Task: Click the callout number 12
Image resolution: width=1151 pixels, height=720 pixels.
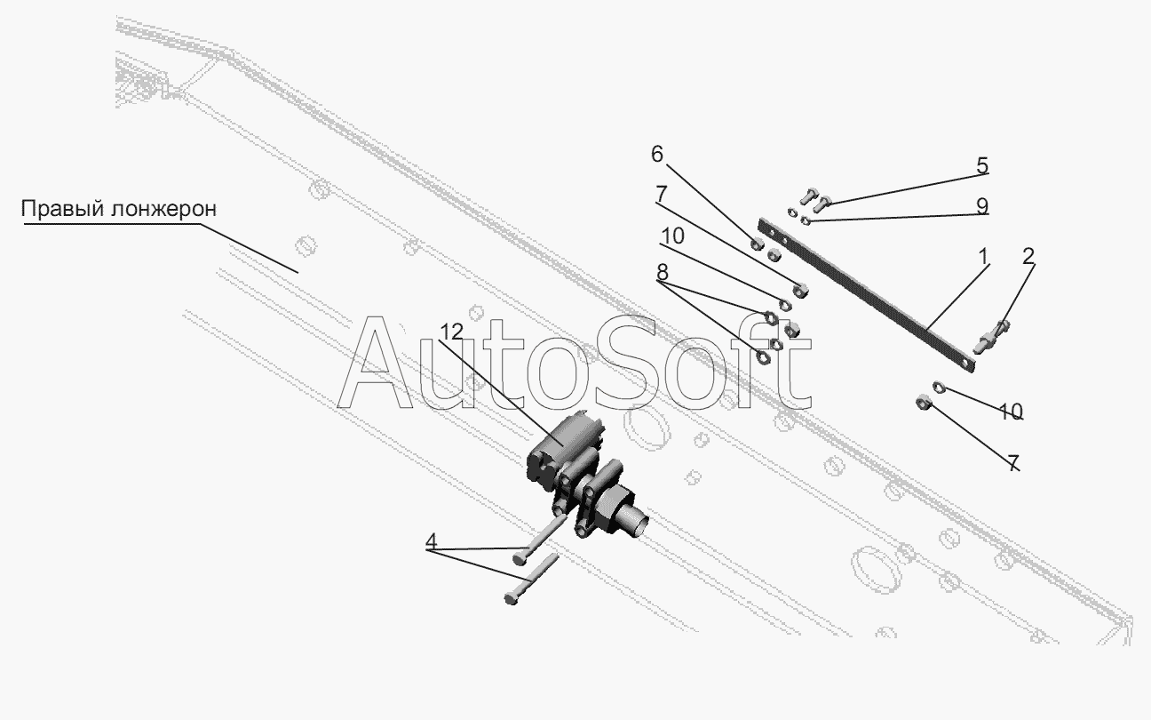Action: (452, 332)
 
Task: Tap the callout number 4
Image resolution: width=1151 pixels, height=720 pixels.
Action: (431, 541)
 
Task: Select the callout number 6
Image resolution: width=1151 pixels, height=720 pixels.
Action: (657, 154)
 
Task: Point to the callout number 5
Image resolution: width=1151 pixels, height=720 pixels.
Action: (982, 165)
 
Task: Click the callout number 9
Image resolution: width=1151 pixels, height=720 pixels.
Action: (982, 206)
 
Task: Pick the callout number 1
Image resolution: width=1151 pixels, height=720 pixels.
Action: (983, 256)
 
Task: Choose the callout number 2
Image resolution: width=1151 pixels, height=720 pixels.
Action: (1028, 256)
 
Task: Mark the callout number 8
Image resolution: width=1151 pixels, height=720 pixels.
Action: (662, 271)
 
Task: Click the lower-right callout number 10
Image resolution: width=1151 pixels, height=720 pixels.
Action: (1011, 412)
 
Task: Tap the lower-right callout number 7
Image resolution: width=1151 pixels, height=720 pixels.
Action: (1013, 463)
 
